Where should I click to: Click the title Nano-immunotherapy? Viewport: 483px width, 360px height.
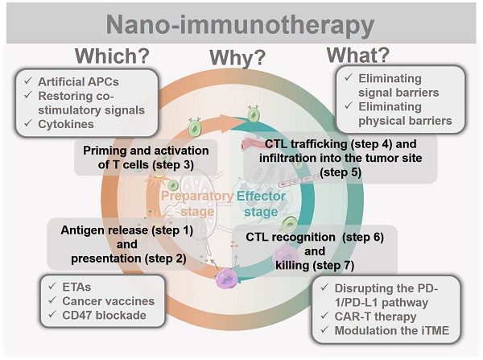(242, 23)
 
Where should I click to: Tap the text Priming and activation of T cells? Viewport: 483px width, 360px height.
(146, 157)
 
